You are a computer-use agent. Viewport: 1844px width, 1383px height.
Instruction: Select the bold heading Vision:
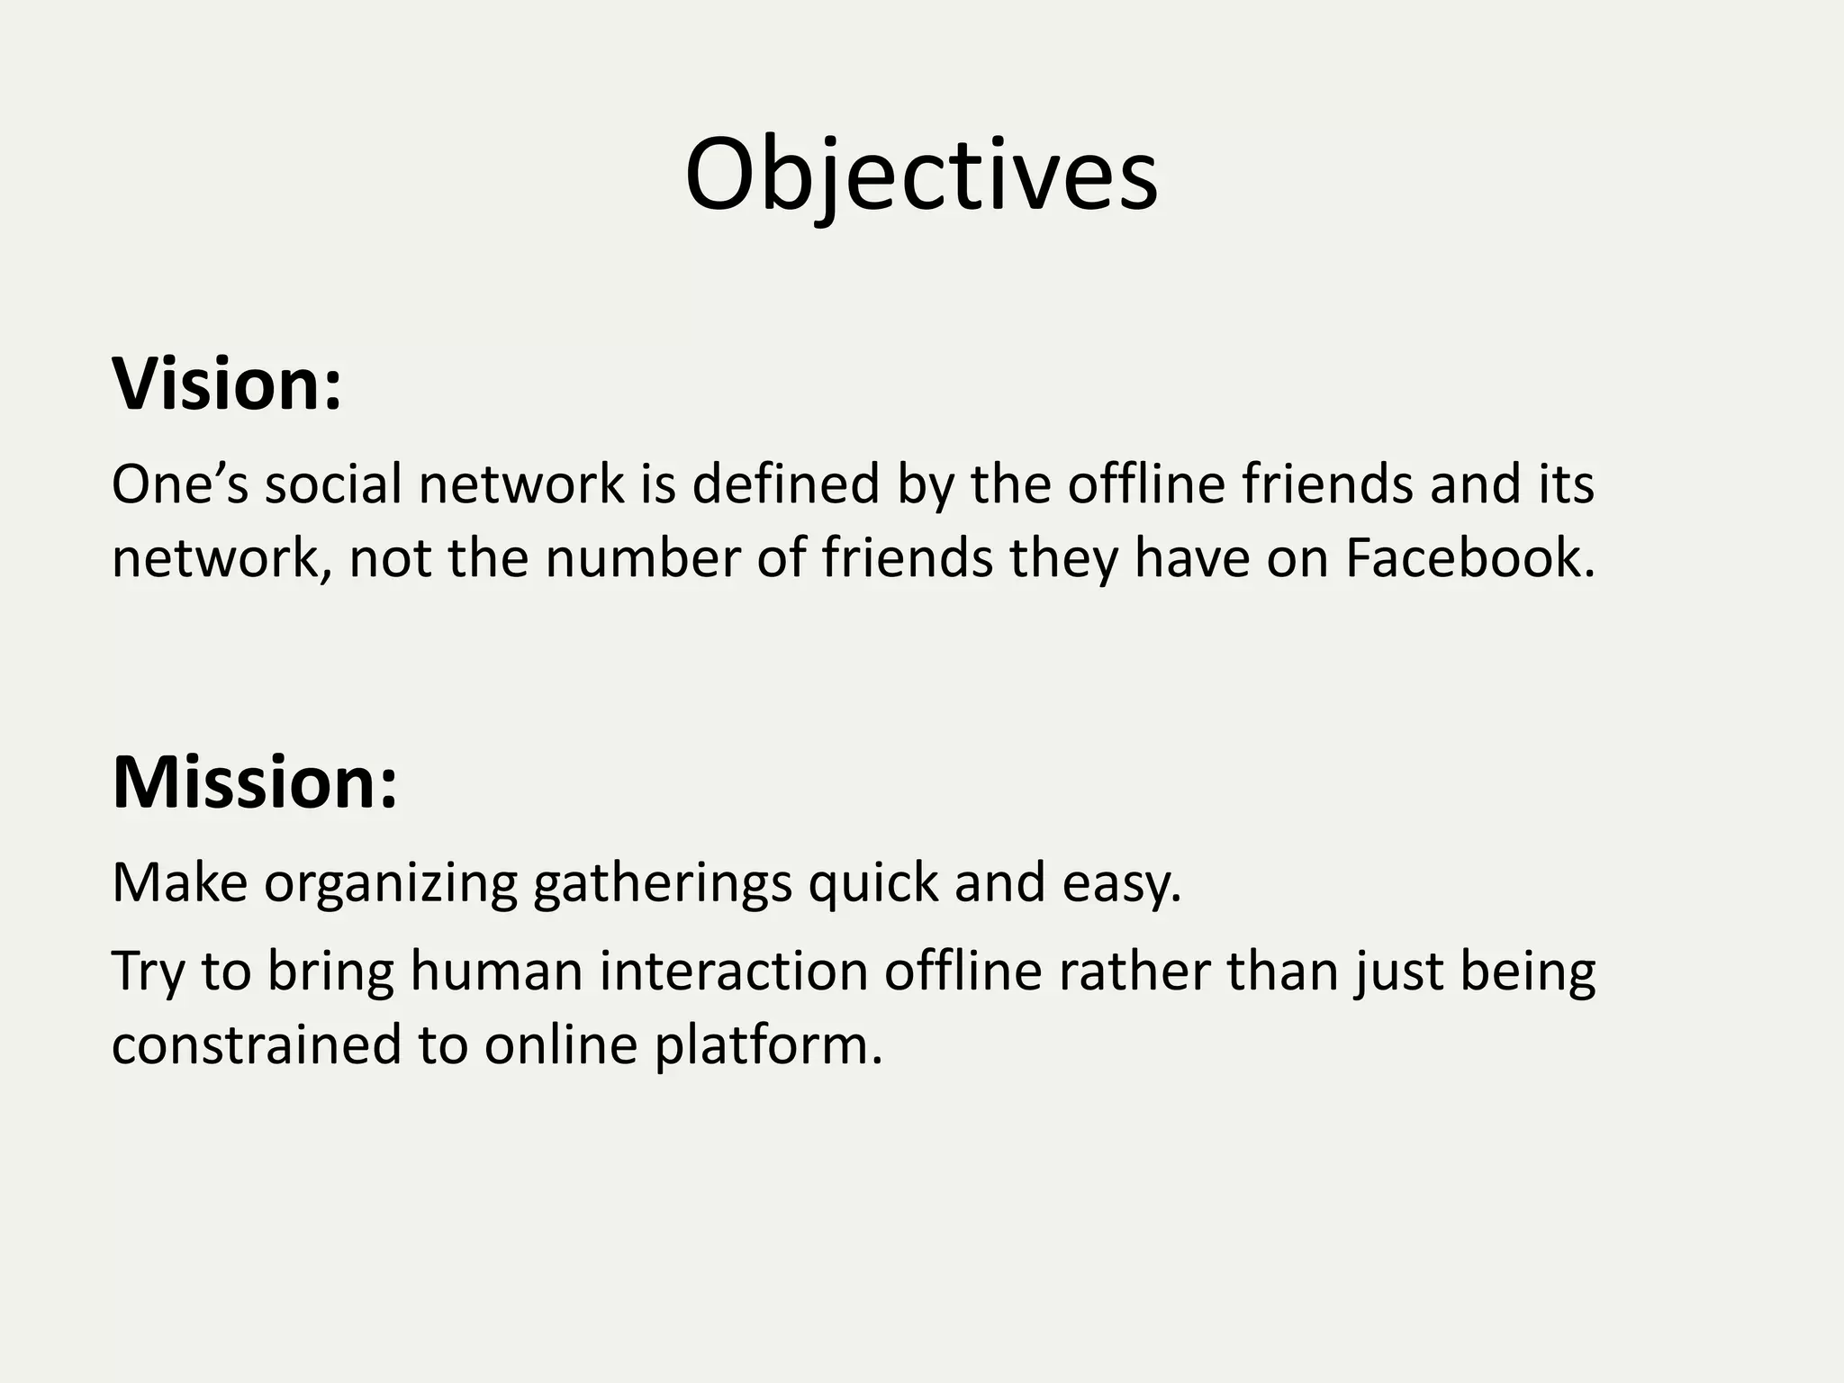(227, 384)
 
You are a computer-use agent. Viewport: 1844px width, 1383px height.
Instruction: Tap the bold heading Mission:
(255, 782)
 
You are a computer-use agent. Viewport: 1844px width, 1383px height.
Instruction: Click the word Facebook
(1469, 557)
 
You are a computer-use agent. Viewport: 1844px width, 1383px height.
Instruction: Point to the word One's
(179, 484)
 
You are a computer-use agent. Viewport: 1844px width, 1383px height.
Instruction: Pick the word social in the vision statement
(332, 484)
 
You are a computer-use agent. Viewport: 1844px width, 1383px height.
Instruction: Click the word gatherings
(663, 883)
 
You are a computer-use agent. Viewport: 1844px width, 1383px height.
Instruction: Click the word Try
(148, 972)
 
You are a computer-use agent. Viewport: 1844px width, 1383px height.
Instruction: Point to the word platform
(768, 1046)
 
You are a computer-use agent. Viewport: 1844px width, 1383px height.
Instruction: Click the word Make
(179, 881)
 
